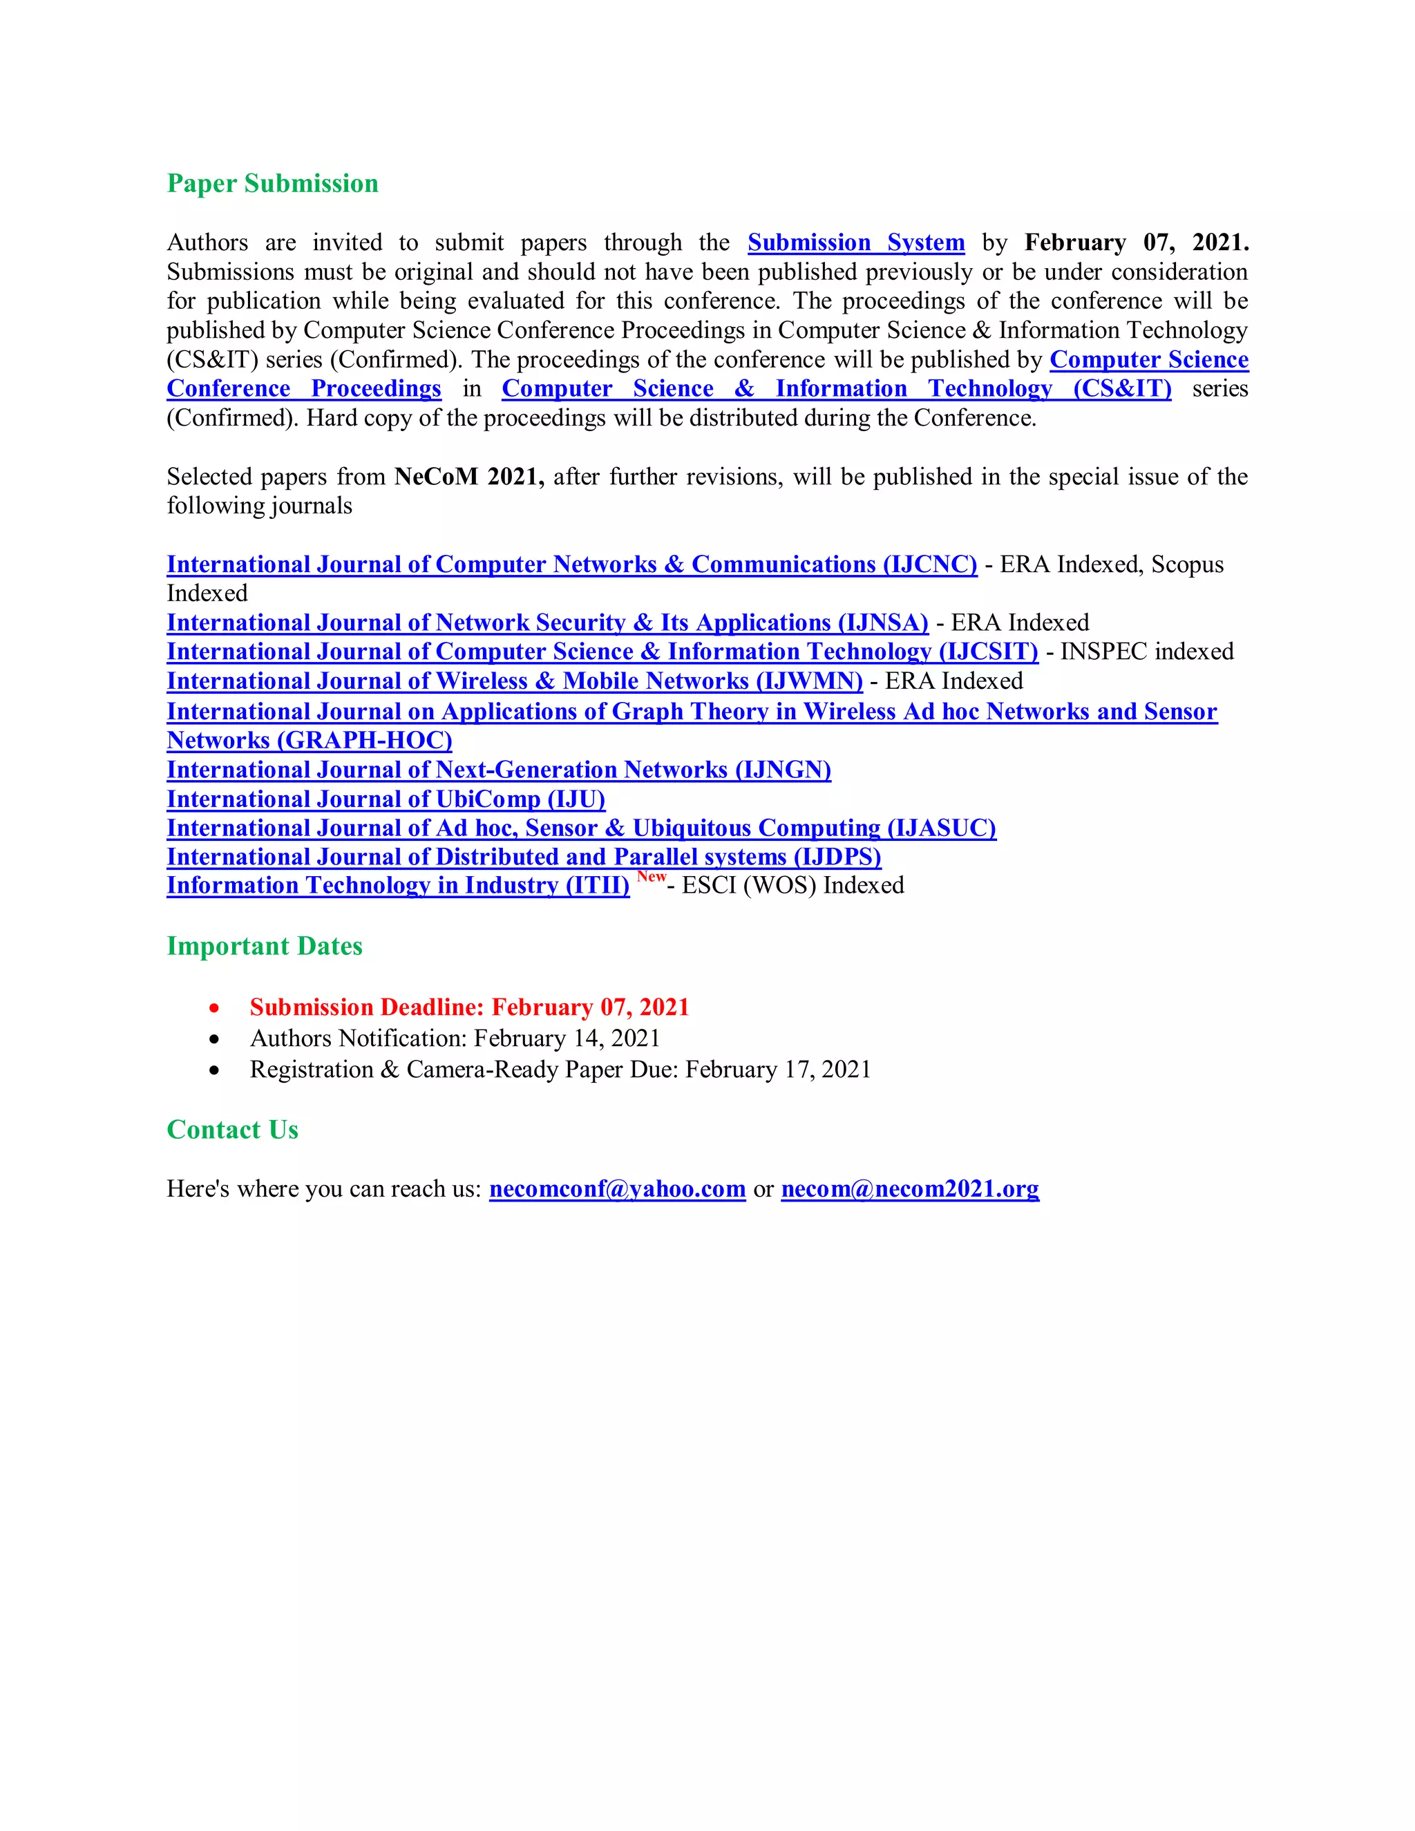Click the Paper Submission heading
[x=272, y=184]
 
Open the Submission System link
[x=856, y=243]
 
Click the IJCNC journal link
[x=571, y=565]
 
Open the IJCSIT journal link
[x=602, y=652]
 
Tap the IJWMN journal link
[x=515, y=681]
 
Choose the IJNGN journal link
[x=499, y=770]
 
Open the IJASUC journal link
[x=581, y=828]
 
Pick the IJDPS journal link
[x=524, y=857]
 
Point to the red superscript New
[x=652, y=876]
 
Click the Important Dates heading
[x=265, y=946]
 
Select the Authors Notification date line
[x=455, y=1038]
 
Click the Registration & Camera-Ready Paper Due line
[x=560, y=1070]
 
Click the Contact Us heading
[x=233, y=1130]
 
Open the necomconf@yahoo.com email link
[x=617, y=1189]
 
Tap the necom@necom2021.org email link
[x=909, y=1189]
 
